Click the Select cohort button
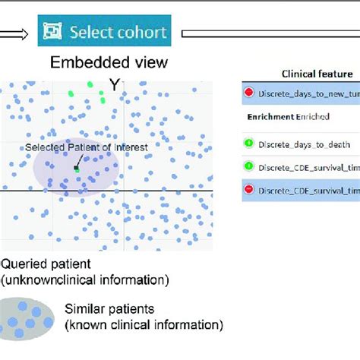pos(103,33)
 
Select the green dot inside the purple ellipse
pos(77,169)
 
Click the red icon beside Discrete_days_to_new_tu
pos(249,93)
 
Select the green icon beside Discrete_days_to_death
pos(249,142)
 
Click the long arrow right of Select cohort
pos(266,33)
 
